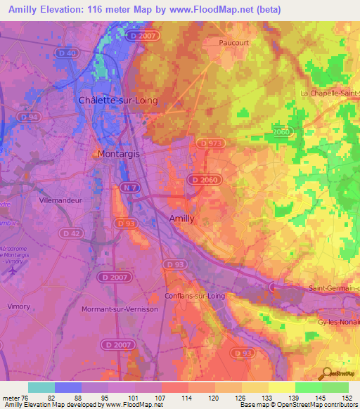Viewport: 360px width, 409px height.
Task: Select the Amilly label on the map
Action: coord(182,219)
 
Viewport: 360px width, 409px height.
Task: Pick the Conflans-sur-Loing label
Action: coord(195,296)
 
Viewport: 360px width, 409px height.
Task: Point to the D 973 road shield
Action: coord(211,143)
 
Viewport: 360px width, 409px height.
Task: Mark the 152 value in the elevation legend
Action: coord(347,397)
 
